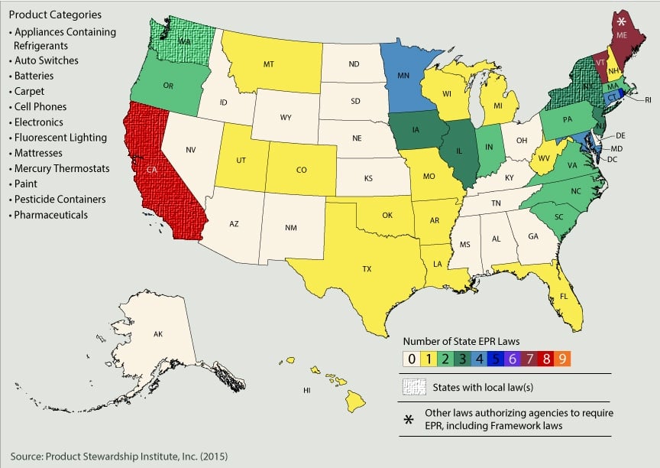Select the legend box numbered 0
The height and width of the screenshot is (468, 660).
point(411,358)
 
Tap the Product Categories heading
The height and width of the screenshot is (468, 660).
point(55,15)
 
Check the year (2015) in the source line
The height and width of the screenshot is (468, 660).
point(214,457)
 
